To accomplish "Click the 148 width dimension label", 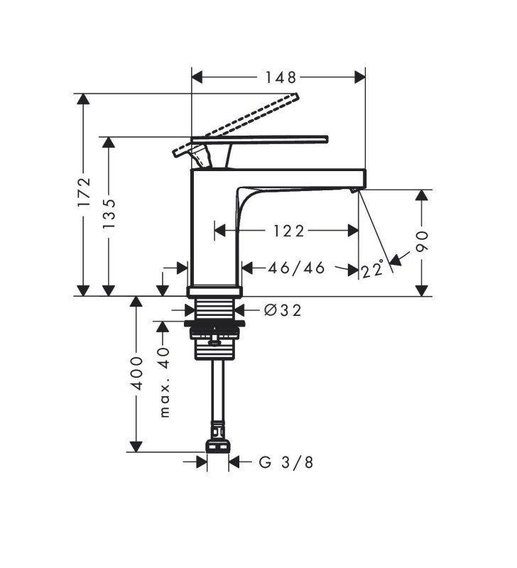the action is click(281, 77).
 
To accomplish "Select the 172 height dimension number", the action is click(85, 192).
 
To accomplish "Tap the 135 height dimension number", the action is click(109, 214).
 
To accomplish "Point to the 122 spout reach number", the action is click(288, 231).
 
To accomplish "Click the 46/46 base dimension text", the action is click(296, 268).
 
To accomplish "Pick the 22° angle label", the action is click(372, 269).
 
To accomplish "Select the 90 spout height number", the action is click(422, 241).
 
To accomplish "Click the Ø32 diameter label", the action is click(283, 310).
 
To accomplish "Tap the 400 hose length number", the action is click(137, 373).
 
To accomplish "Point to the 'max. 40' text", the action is click(165, 383).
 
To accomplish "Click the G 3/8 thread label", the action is click(286, 463).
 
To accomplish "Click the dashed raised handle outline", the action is click(236, 125).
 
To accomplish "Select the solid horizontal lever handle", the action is click(260, 139).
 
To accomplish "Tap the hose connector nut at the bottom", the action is click(217, 447).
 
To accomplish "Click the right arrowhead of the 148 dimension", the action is click(360, 77).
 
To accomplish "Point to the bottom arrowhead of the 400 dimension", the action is click(136, 447).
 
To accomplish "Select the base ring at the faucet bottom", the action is click(214, 291).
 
